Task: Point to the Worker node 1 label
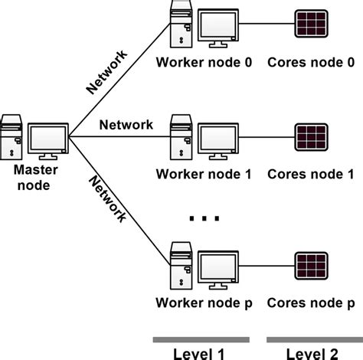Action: click(x=204, y=174)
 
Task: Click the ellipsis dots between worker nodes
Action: click(x=204, y=220)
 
